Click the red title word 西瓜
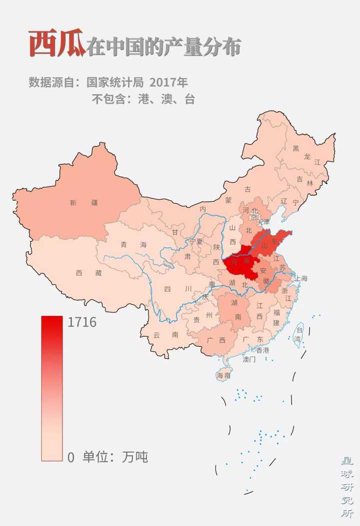pos(56,44)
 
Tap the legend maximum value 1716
pos(82,323)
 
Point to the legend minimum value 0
pos(71,457)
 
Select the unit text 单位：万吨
pos(115,457)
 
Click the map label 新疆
pos(84,203)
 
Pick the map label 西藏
pos(88,273)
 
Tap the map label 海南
pos(223,375)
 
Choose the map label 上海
pos(301,278)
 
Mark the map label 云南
pos(165,335)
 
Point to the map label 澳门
pos(249,359)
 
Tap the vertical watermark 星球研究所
pos(346,485)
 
